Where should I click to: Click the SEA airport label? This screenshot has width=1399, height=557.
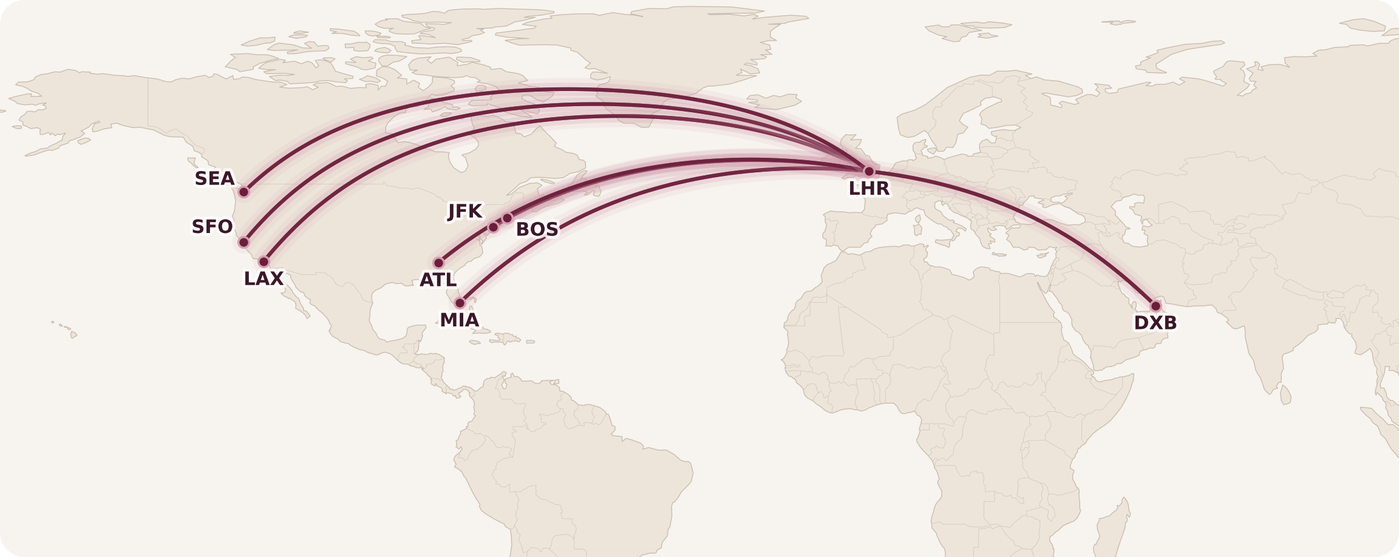tap(214, 178)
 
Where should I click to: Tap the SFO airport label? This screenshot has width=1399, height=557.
tap(212, 227)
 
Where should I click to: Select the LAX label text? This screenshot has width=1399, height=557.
tap(264, 278)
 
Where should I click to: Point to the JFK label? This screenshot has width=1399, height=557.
tap(465, 211)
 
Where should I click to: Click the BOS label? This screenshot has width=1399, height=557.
tap(537, 229)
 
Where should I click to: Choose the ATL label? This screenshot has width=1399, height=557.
tap(438, 280)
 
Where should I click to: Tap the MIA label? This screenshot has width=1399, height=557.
tap(459, 320)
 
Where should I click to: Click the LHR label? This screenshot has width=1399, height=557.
tap(869, 189)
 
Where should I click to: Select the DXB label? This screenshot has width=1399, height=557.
tap(1155, 323)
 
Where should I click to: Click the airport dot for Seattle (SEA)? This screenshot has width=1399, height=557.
tap(243, 192)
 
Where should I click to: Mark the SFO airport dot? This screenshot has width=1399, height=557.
tap(243, 242)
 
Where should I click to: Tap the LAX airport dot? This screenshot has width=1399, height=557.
tap(264, 262)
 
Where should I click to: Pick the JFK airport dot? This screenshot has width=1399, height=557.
tap(493, 227)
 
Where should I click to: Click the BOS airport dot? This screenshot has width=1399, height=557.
tap(507, 218)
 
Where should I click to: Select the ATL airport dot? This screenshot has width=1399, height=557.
tap(438, 263)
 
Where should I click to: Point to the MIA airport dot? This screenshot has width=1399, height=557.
tap(460, 303)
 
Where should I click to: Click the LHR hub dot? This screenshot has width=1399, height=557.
tap(869, 171)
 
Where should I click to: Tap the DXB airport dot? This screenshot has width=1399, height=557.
tap(1156, 306)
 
